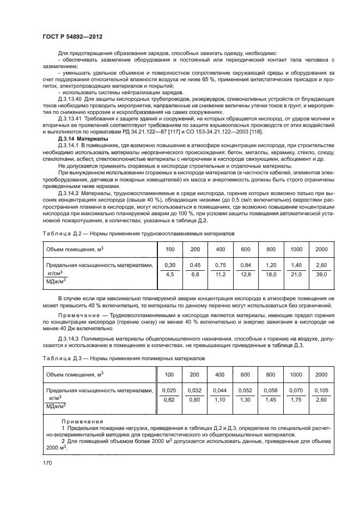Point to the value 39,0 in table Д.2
[321, 275]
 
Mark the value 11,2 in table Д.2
[220, 275]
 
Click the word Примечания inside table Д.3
[76, 422]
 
